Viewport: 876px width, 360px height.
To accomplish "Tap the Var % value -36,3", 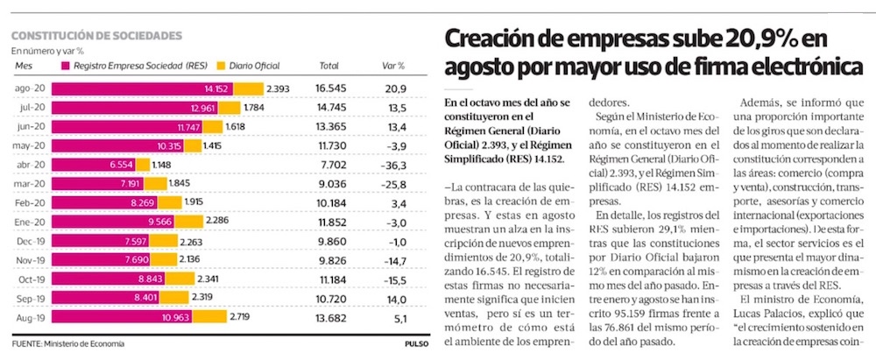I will coord(395,165).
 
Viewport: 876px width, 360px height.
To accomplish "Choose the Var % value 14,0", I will coord(395,300).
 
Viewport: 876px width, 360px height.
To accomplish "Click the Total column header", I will coord(329,66).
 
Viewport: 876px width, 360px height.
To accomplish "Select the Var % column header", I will coord(394,66).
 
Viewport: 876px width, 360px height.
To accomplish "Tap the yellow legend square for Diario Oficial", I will coord(220,66).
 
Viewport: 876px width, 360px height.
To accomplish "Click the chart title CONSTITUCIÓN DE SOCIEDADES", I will coord(96,36).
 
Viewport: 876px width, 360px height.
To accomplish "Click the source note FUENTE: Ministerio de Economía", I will coord(68,344).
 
